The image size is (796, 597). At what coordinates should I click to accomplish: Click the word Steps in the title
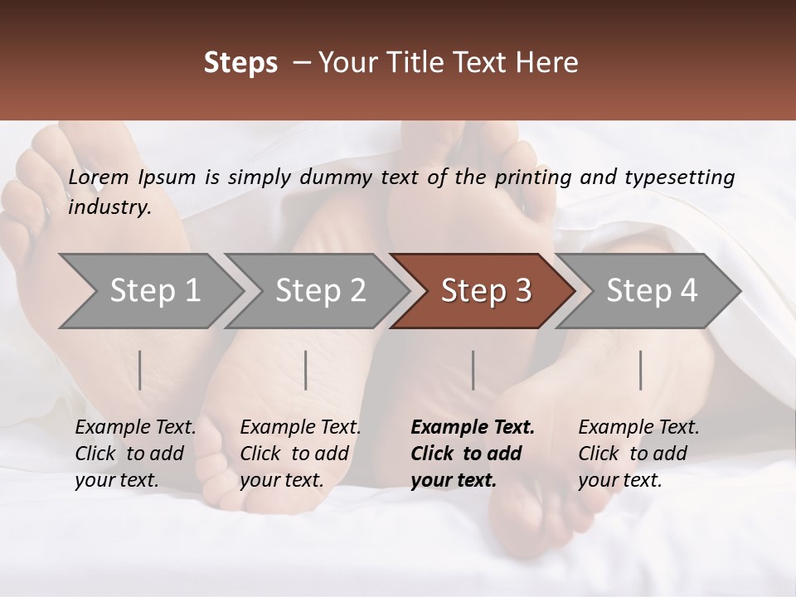240,63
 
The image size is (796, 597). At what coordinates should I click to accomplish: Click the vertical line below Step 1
140,370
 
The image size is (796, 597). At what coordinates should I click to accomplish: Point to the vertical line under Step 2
306,370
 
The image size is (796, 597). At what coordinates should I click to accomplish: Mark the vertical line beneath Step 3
473,370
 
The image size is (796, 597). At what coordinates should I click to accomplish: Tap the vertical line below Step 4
641,370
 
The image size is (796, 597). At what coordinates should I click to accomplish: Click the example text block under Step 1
135,454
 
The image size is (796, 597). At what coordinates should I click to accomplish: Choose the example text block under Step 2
300,454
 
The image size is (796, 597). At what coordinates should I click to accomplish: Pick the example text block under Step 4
638,454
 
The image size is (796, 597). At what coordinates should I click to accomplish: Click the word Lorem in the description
99,177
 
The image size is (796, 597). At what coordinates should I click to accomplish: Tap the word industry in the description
109,207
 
